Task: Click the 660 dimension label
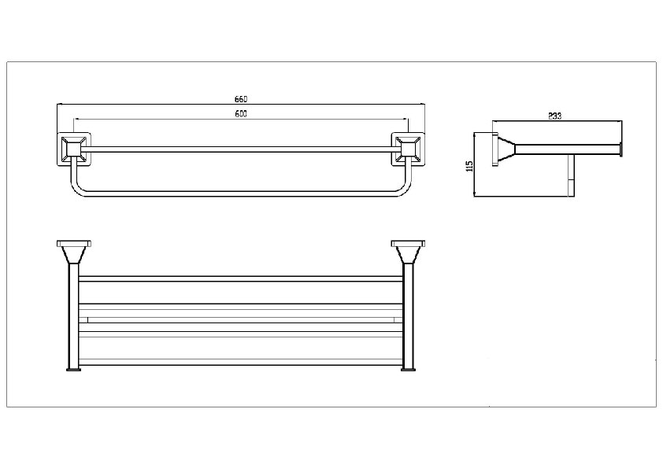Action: pos(241,99)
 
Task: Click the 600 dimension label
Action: pos(241,113)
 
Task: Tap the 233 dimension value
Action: pos(554,116)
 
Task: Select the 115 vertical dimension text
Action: pos(469,166)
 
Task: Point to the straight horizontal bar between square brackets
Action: pos(241,149)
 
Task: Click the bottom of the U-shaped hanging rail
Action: pos(241,193)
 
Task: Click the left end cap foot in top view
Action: pos(73,370)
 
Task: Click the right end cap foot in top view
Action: pos(409,370)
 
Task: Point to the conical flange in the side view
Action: pos(506,149)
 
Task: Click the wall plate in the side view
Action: pos(494,149)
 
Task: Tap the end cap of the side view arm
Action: pos(620,149)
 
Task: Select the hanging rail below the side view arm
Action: pos(571,175)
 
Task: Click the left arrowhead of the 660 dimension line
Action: pos(59,103)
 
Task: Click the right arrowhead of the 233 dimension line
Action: pos(620,121)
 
